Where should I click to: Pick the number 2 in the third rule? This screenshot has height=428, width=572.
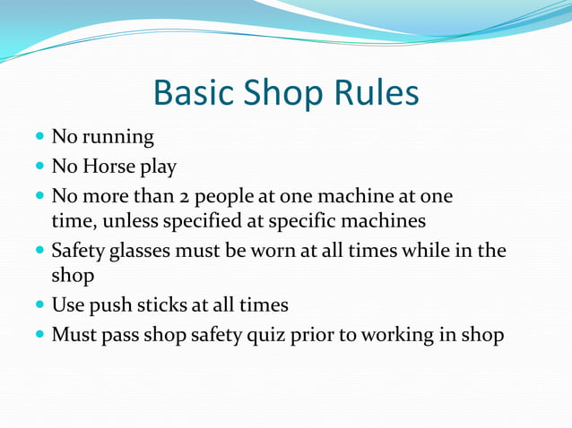click(178, 196)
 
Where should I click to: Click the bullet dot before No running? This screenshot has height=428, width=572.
click(40, 138)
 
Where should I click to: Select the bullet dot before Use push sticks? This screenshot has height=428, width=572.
click(40, 306)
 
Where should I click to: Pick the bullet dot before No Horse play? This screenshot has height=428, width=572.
click(40, 167)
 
